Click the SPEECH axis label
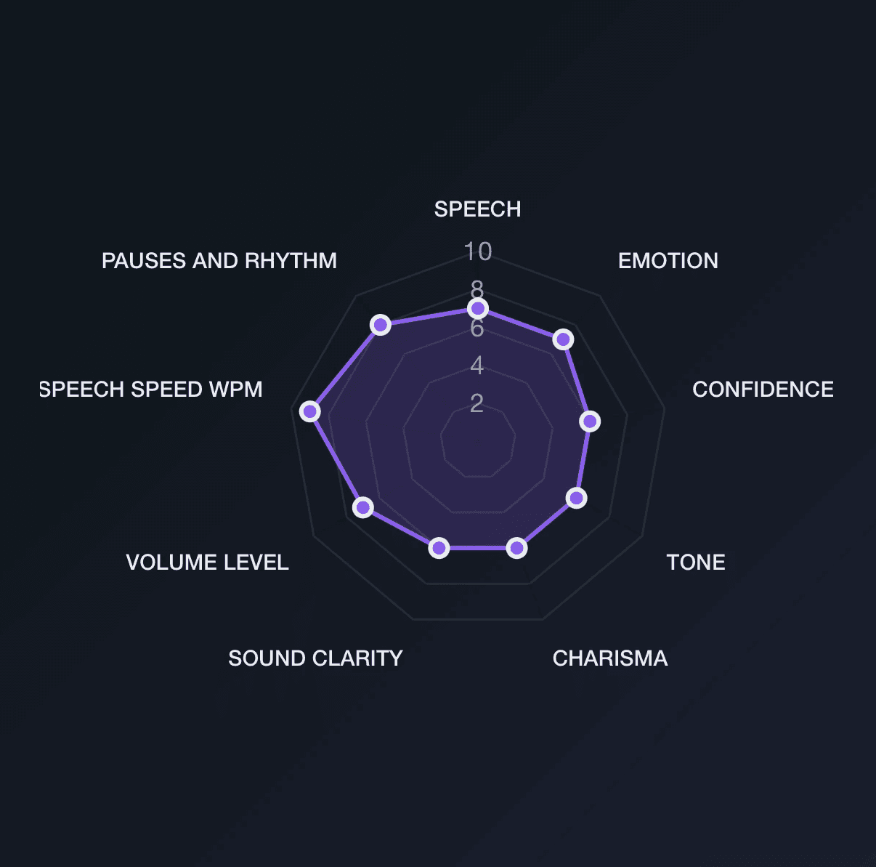[477, 209]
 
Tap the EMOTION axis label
[668, 261]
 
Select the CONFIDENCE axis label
[763, 390]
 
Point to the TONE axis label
[696, 562]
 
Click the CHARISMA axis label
[610, 658]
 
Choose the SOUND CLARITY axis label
[315, 658]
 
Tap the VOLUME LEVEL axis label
[207, 562]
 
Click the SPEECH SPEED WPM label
[151, 390]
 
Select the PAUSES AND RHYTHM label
[219, 261]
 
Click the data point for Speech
[477, 308]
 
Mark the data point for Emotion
[562, 339]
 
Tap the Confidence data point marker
[590, 421]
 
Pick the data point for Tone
[576, 498]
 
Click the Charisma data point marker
[516, 547]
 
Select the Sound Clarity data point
[439, 547]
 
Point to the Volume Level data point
[363, 507]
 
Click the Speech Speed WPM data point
[310, 411]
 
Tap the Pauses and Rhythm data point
[381, 324]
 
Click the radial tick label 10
[478, 251]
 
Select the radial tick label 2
[476, 403]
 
